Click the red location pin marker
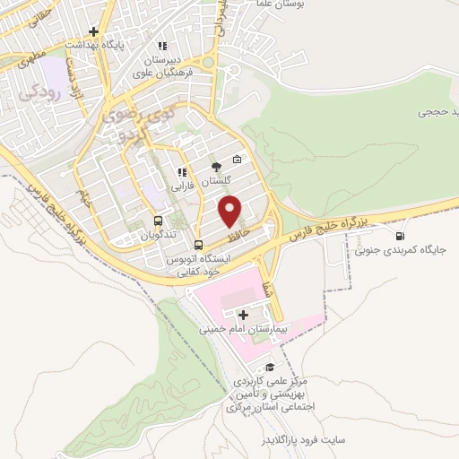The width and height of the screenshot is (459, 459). pyautogui.click(x=231, y=212)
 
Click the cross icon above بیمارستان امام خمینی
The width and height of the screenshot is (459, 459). pyautogui.click(x=244, y=315)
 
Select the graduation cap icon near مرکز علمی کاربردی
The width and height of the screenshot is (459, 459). pyautogui.click(x=268, y=368)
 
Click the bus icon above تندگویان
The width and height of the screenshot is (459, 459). pyautogui.click(x=159, y=221)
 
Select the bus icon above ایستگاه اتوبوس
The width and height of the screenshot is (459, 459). pyautogui.click(x=199, y=244)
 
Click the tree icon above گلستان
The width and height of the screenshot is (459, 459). pyautogui.click(x=215, y=166)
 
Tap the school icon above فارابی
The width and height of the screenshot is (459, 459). pyautogui.click(x=182, y=172)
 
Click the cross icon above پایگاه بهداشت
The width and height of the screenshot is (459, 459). pyautogui.click(x=106, y=31)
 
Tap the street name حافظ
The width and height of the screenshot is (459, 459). pyautogui.click(x=234, y=237)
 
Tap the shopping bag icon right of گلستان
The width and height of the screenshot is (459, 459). pyautogui.click(x=237, y=160)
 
